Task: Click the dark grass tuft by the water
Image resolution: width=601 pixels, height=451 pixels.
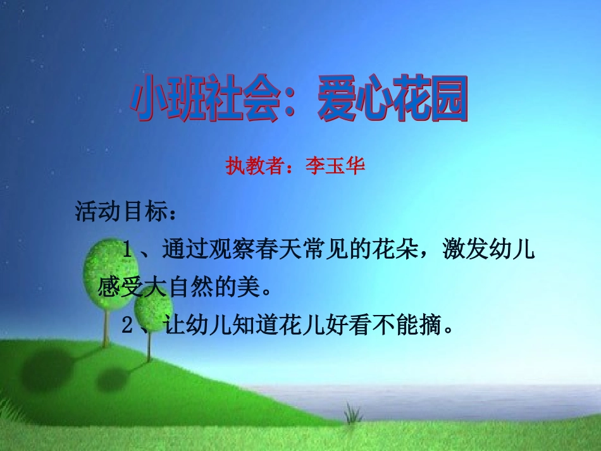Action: [352, 414]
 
